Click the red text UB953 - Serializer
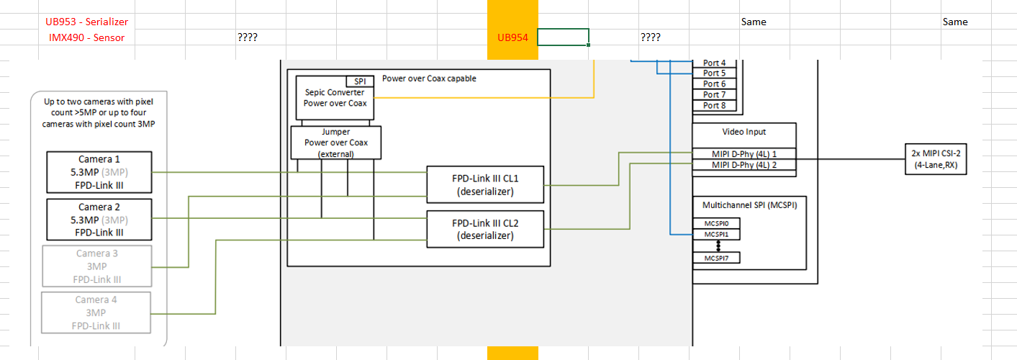point(86,22)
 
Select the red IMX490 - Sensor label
point(86,37)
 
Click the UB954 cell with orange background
point(512,37)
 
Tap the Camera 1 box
point(99,172)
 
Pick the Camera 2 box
point(99,220)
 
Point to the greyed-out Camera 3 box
point(96,266)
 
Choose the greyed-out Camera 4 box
point(96,312)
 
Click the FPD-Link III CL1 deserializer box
point(485,185)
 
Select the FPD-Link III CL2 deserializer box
point(485,229)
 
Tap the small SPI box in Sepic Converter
point(360,81)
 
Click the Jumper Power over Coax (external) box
point(335,143)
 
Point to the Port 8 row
point(714,105)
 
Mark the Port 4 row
point(714,63)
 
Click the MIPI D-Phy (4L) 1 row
point(744,154)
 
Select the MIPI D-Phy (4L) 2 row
point(744,165)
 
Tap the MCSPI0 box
point(716,223)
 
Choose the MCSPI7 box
point(716,258)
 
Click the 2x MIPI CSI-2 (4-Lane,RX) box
point(936,159)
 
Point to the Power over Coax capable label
point(429,78)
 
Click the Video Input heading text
point(743,132)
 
